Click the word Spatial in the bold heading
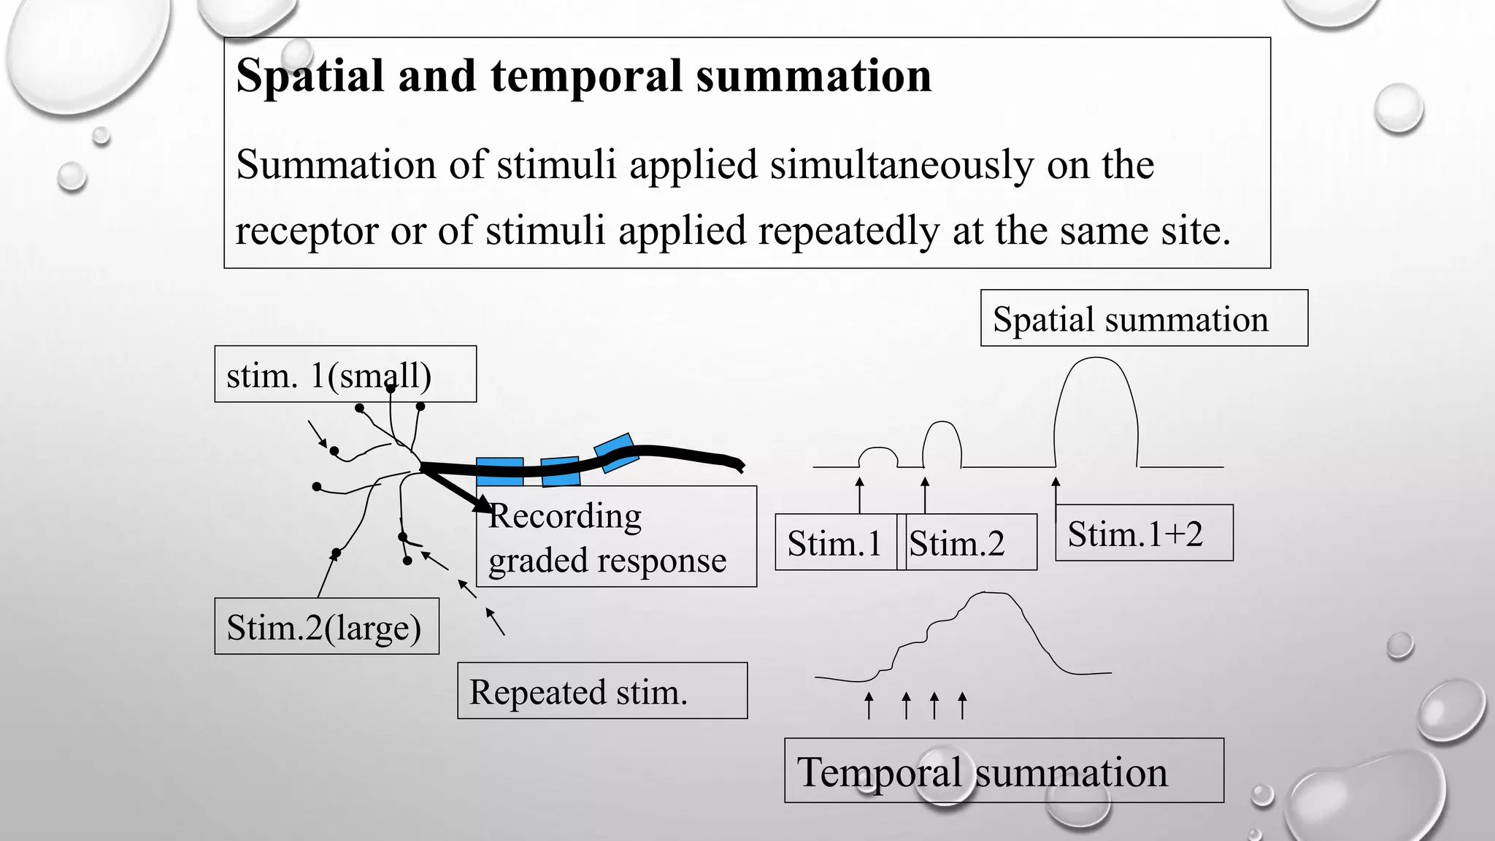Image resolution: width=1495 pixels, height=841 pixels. (310, 77)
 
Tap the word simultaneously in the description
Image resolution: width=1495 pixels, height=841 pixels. (902, 165)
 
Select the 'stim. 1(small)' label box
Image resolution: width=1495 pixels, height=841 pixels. (345, 375)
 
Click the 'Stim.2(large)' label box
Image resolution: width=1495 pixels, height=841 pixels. (326, 626)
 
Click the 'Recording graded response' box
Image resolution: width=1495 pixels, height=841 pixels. (616, 537)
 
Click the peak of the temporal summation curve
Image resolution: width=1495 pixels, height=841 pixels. (989, 594)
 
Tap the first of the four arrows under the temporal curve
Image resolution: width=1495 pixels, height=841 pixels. (869, 705)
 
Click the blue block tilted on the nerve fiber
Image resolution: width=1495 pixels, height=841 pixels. (616, 453)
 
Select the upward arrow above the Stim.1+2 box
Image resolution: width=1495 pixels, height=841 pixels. (1055, 491)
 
